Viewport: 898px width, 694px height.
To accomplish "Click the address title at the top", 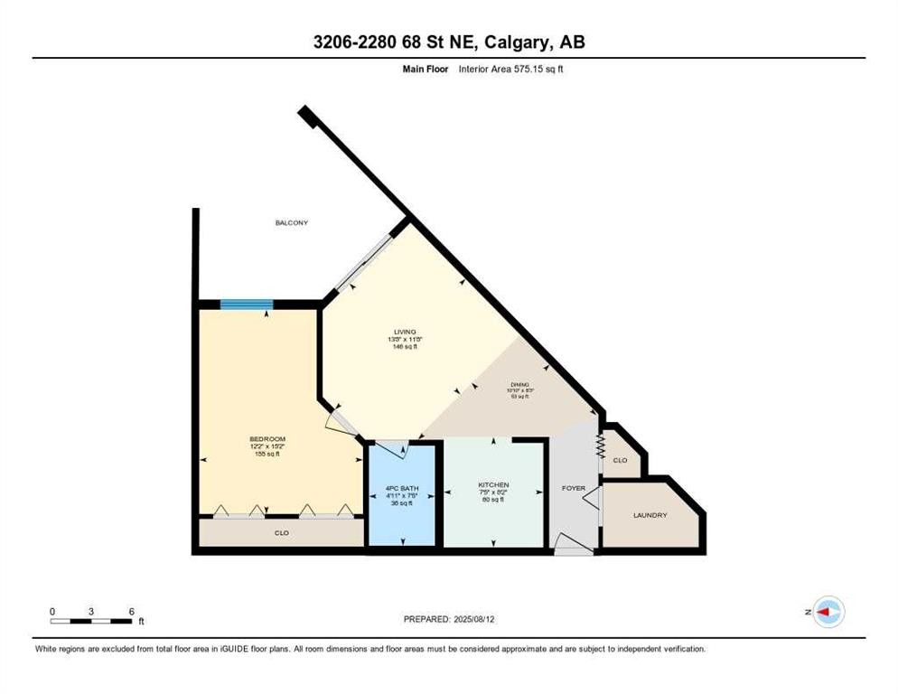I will click(x=449, y=42).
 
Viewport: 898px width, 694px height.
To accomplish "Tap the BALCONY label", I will click(x=292, y=222).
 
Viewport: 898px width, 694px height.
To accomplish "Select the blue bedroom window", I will click(x=248, y=305).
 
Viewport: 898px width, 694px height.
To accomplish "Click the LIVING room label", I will click(x=405, y=332).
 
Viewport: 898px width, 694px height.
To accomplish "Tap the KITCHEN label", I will click(x=493, y=485).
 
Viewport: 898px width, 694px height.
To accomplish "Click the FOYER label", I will click(x=574, y=488).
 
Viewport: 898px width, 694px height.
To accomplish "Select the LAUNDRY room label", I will click(x=650, y=515).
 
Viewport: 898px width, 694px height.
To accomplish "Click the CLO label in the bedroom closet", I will click(x=282, y=533).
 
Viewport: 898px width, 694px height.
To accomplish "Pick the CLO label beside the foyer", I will click(x=620, y=460).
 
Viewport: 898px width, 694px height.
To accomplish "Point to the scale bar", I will click(x=92, y=621).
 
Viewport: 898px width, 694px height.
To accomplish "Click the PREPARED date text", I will click(x=448, y=619).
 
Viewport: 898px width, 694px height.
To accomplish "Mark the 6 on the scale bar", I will click(x=132, y=611).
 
